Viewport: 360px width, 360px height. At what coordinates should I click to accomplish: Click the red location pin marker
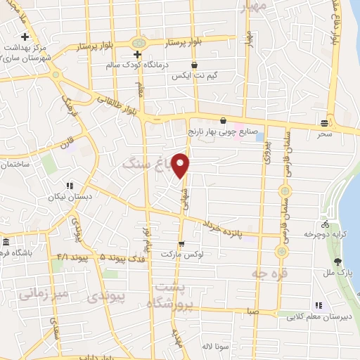(x=181, y=165)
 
